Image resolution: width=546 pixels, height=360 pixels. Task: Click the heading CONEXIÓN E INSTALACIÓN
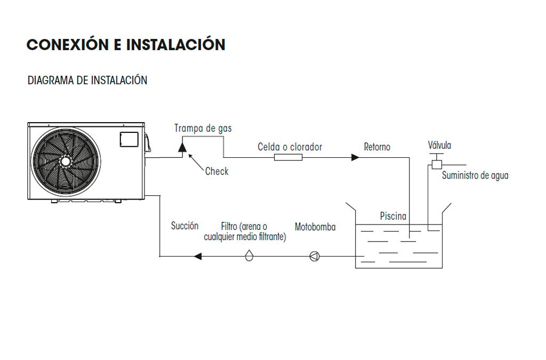click(x=126, y=45)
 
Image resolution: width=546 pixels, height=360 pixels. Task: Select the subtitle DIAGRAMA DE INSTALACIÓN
click(x=87, y=81)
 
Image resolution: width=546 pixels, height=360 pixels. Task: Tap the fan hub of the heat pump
click(x=65, y=161)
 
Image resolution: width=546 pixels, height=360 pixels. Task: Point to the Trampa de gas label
click(x=203, y=129)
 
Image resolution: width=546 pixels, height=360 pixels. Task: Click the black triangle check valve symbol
click(x=182, y=147)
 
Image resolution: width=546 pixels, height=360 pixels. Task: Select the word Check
click(x=216, y=171)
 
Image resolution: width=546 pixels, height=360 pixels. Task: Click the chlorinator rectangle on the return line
click(x=288, y=157)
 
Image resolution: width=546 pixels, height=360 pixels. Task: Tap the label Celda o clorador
click(x=290, y=147)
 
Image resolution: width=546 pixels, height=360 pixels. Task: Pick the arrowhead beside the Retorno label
click(x=355, y=157)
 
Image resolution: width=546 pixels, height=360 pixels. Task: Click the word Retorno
click(x=377, y=147)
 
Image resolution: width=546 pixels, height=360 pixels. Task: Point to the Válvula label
click(x=439, y=145)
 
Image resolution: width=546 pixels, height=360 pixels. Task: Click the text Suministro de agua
click(x=475, y=175)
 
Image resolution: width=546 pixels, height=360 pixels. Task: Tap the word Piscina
click(x=393, y=216)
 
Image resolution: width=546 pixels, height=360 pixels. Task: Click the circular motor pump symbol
click(x=314, y=257)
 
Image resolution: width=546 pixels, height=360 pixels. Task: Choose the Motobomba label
click(x=315, y=227)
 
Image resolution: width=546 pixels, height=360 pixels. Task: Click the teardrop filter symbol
click(x=249, y=257)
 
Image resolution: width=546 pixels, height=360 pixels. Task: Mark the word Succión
click(x=184, y=226)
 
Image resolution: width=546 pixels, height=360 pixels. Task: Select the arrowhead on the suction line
click(x=197, y=257)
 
